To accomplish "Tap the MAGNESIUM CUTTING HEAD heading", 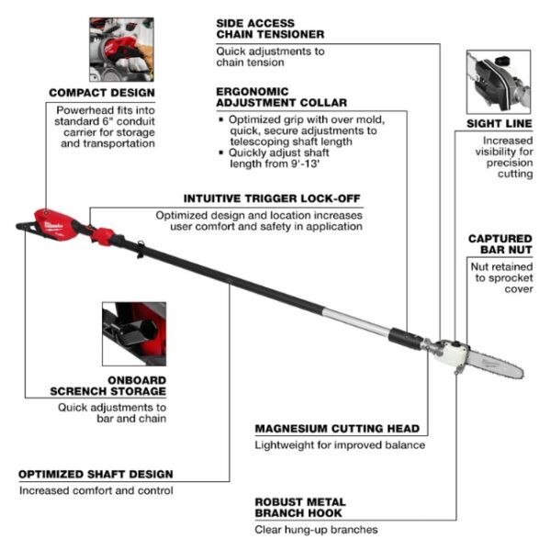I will tap(337, 428).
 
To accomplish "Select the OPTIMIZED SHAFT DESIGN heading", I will tap(96, 474).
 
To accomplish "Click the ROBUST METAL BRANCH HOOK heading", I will tap(299, 508).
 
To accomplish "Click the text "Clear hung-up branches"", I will tap(316, 529).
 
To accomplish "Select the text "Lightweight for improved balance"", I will tap(340, 444).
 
